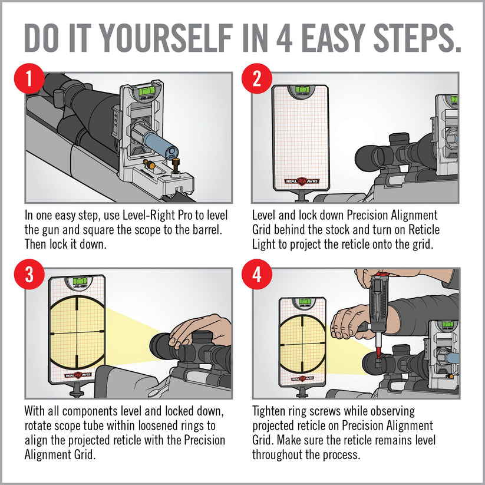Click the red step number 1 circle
click(29, 78)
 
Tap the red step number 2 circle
click(257, 78)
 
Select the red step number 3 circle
click(29, 275)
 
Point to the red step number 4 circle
click(257, 275)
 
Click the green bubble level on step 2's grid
click(301, 90)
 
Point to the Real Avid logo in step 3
click(78, 375)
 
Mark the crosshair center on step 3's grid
click(77, 333)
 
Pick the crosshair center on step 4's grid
click(302, 344)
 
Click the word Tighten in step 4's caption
click(269, 412)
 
